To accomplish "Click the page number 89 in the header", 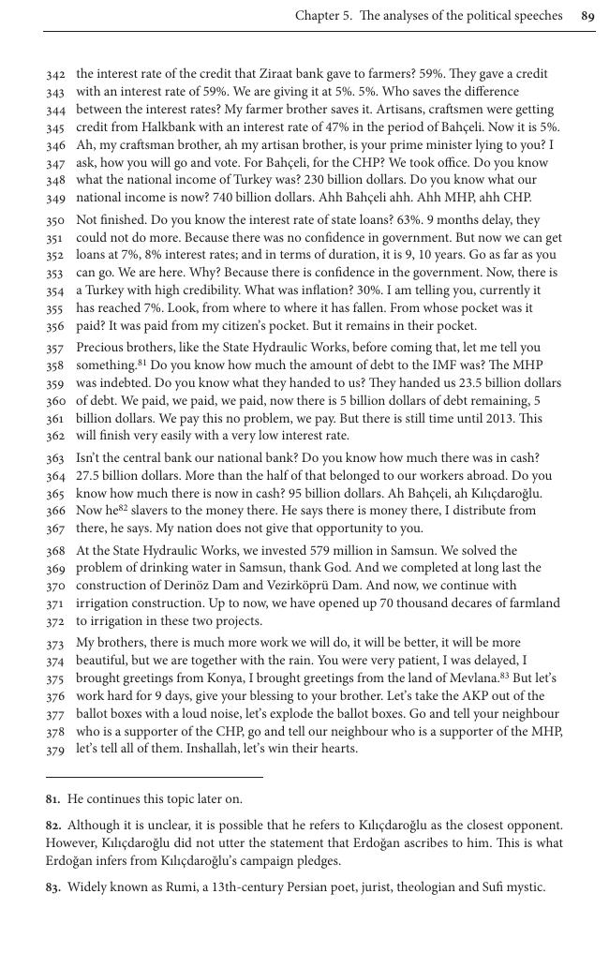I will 587,16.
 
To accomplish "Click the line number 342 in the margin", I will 55,74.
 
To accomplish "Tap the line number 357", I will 55,348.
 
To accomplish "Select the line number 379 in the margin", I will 55,750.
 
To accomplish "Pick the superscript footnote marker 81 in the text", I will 143,361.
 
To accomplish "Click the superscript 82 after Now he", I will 123,507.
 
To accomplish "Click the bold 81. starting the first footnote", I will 53,799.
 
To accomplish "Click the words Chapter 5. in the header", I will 324,16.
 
